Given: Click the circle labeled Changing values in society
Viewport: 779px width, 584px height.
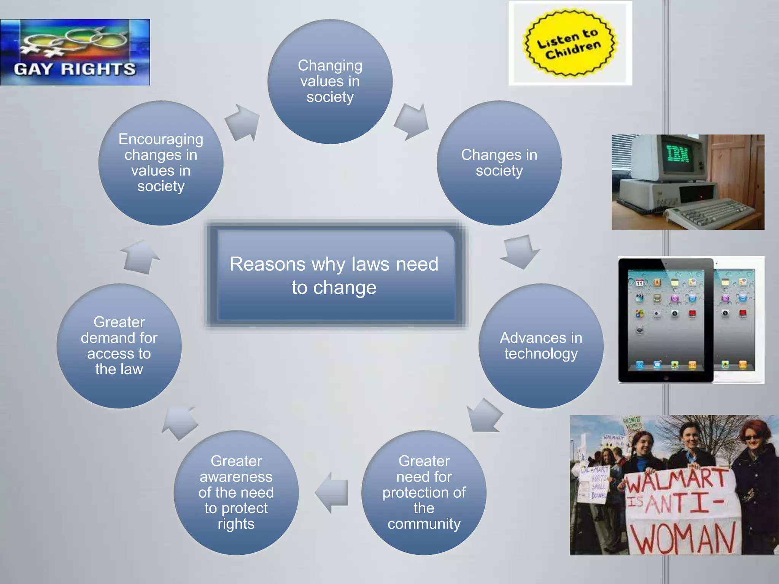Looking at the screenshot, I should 330,81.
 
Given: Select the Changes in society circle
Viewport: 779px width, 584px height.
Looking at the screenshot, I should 499,163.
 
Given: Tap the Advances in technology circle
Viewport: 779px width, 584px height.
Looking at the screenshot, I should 541,346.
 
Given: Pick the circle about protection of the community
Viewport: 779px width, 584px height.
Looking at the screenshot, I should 424,492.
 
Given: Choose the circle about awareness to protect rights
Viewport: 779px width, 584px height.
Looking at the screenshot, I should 236,492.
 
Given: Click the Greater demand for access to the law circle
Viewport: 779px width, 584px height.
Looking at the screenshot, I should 119,346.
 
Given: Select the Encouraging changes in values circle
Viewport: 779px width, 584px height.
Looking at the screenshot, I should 161,163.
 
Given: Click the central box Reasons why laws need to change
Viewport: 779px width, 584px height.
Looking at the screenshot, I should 334,275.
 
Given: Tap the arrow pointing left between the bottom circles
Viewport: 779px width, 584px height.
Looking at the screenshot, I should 332,492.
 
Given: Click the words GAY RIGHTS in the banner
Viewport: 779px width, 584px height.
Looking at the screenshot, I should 75,69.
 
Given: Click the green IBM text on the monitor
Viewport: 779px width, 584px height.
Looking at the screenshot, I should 679,154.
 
